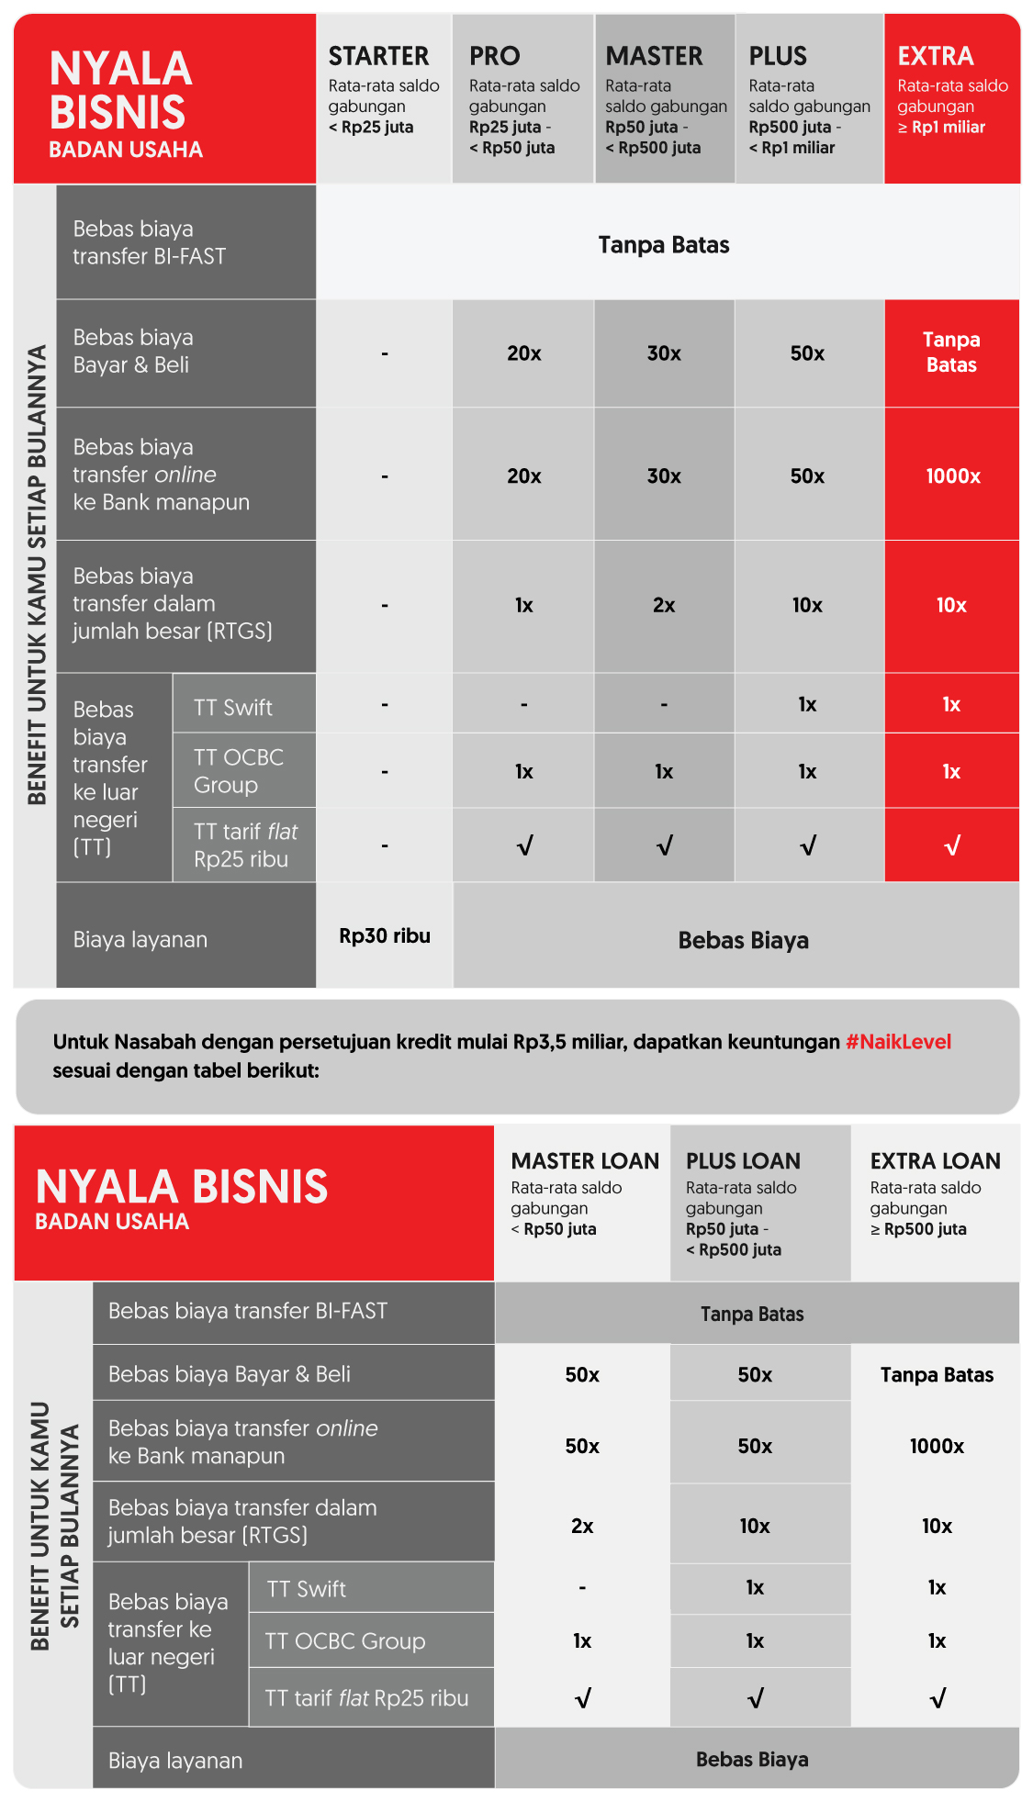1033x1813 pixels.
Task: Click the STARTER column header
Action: pyautogui.click(x=378, y=57)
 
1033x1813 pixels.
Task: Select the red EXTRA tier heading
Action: pyautogui.click(x=935, y=57)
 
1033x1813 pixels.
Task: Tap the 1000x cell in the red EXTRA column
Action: pyautogui.click(x=952, y=476)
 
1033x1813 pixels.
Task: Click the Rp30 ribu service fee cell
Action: pyautogui.click(x=385, y=936)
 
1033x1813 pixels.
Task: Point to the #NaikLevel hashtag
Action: pyautogui.click(x=898, y=1042)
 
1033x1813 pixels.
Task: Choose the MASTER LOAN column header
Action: pyautogui.click(x=585, y=1161)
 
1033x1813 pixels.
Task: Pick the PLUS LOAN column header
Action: pyautogui.click(x=743, y=1161)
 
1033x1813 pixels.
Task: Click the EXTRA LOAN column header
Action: pyautogui.click(x=935, y=1161)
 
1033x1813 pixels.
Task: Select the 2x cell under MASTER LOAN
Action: pyautogui.click(x=582, y=1526)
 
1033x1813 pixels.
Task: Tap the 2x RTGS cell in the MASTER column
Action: pyautogui.click(x=664, y=606)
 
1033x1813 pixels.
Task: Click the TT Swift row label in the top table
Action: pyautogui.click(x=233, y=708)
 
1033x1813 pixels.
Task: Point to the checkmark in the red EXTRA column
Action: pyautogui.click(x=952, y=846)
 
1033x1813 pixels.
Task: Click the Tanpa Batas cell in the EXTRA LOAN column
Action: pyautogui.click(x=937, y=1375)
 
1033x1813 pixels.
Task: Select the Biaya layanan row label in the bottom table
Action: pyautogui.click(x=175, y=1761)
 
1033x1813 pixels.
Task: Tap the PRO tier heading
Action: pyautogui.click(x=494, y=57)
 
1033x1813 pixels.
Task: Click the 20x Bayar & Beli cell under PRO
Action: pyautogui.click(x=524, y=353)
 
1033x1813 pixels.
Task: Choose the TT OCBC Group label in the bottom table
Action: pyautogui.click(x=345, y=1641)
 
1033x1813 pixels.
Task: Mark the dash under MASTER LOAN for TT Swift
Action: pyautogui.click(x=582, y=1588)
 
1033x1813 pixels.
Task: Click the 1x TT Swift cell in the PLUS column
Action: pyautogui.click(x=807, y=704)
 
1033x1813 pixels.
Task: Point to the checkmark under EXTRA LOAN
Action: pyautogui.click(x=937, y=1699)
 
